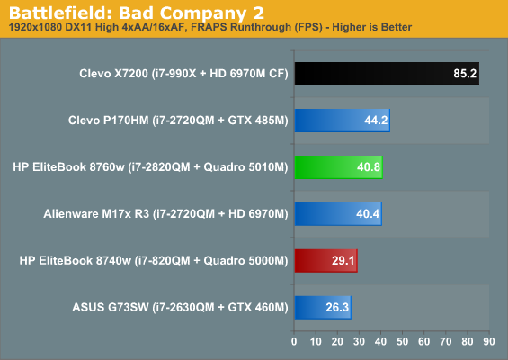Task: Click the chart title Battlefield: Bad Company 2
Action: [137, 13]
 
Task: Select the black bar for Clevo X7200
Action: [387, 74]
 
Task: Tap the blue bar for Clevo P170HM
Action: [343, 121]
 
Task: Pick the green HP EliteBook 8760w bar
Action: [339, 167]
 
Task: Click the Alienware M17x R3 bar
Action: [338, 213]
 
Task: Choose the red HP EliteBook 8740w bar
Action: [325, 260]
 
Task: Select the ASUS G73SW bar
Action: [323, 307]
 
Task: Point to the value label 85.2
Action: [465, 74]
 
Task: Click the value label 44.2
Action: [376, 121]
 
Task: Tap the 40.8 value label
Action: [369, 167]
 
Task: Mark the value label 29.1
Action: [343, 260]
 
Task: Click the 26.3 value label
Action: [337, 307]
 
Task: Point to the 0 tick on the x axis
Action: [294, 341]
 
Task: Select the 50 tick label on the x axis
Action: [403, 341]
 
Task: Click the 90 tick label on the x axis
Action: [489, 341]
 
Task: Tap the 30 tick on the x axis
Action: [359, 341]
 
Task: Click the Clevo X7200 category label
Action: [183, 74]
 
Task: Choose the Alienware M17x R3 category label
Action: [165, 213]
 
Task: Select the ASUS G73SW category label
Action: [180, 307]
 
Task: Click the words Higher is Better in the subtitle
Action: [372, 27]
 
